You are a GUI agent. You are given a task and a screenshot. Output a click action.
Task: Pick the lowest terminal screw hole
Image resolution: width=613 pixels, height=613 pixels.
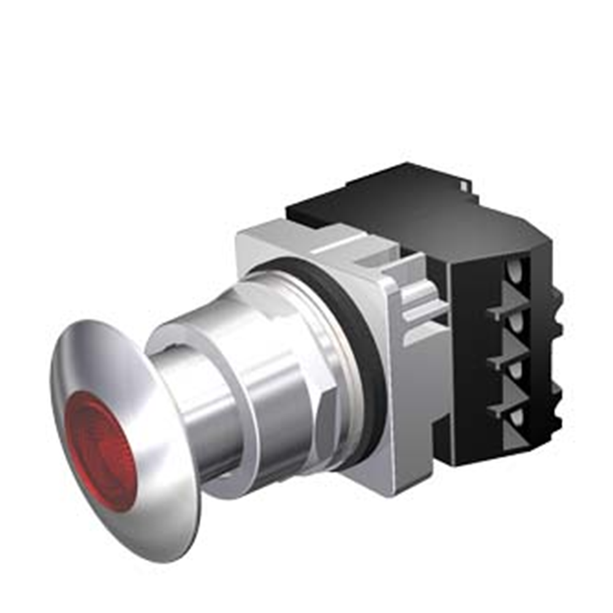coord(517,417)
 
